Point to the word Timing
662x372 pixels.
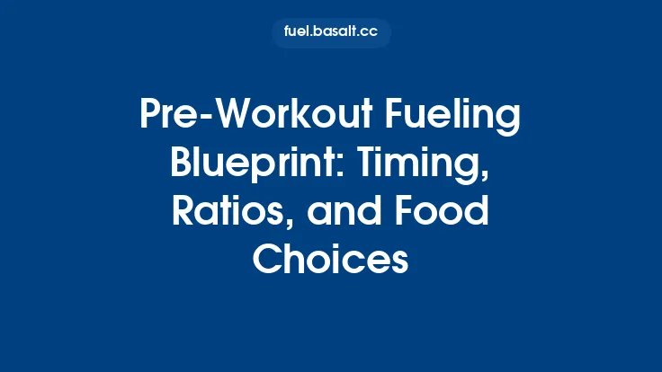(421, 166)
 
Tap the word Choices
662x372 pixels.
(331, 261)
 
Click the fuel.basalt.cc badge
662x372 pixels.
(331, 33)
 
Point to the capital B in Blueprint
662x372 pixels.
(182, 166)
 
